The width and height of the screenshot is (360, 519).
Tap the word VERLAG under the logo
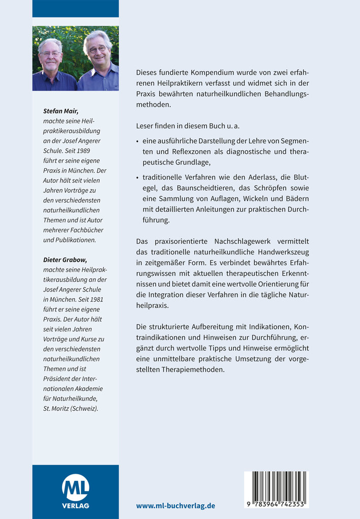coord(75,506)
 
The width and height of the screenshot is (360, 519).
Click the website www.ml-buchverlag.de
coord(175,506)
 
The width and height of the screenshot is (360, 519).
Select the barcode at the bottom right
coord(276,485)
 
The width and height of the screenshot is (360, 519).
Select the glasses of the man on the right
coord(97,49)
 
